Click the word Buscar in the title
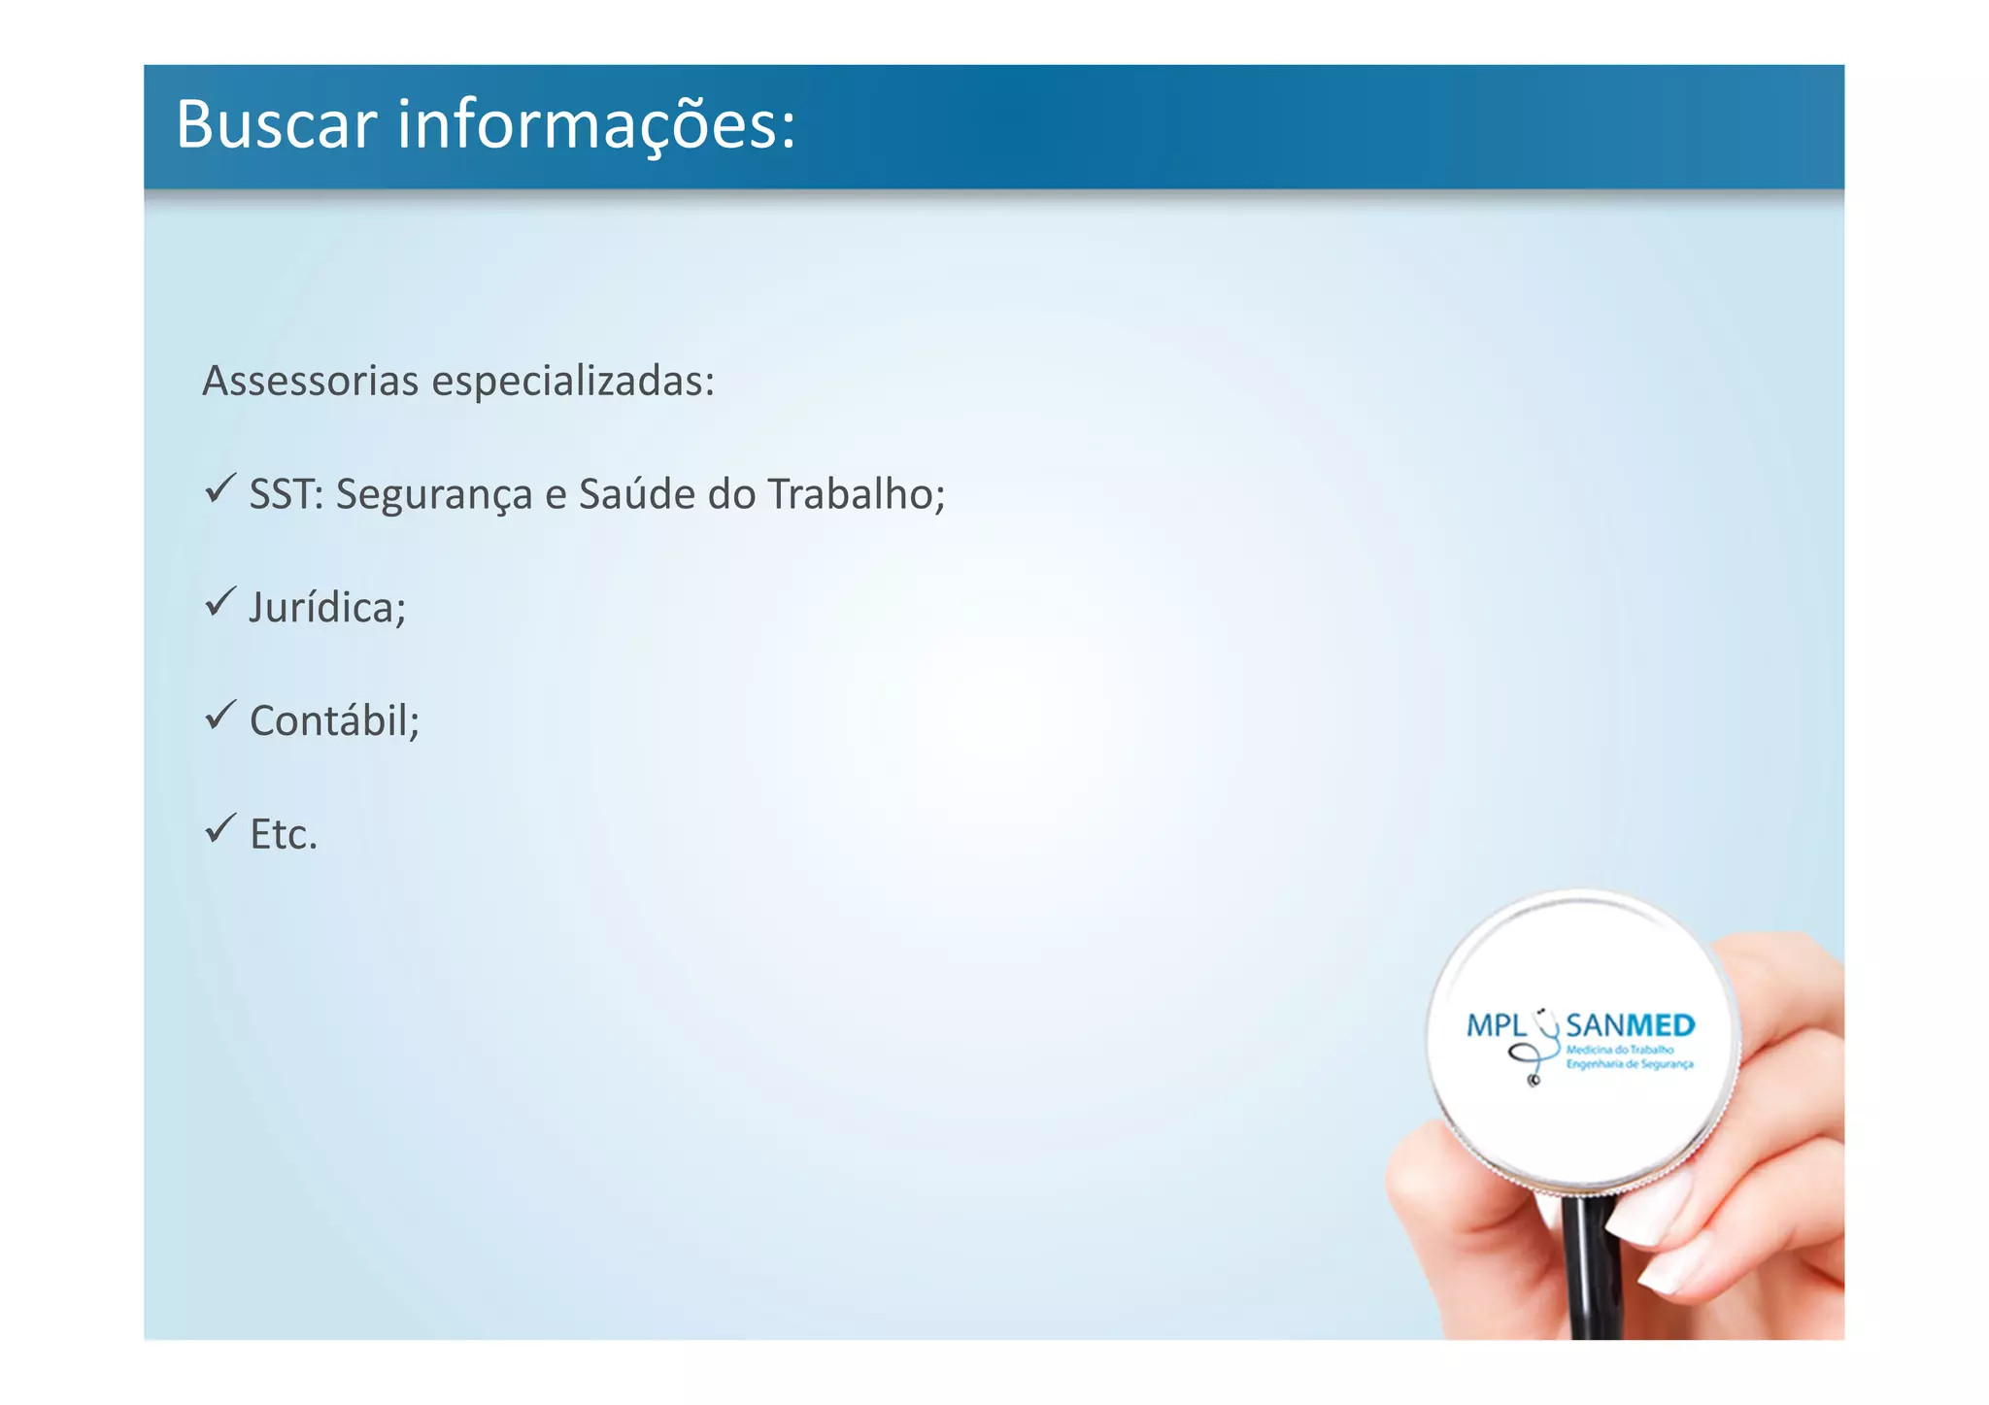click(276, 125)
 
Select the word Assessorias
click(310, 381)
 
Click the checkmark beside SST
click(220, 488)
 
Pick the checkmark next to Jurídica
click(220, 602)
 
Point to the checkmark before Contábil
click(220, 716)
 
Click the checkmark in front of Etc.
click(220, 828)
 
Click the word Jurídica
click(327, 609)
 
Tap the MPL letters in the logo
click(1496, 1025)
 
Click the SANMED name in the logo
click(1631, 1025)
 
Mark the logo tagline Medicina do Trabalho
click(1620, 1050)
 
